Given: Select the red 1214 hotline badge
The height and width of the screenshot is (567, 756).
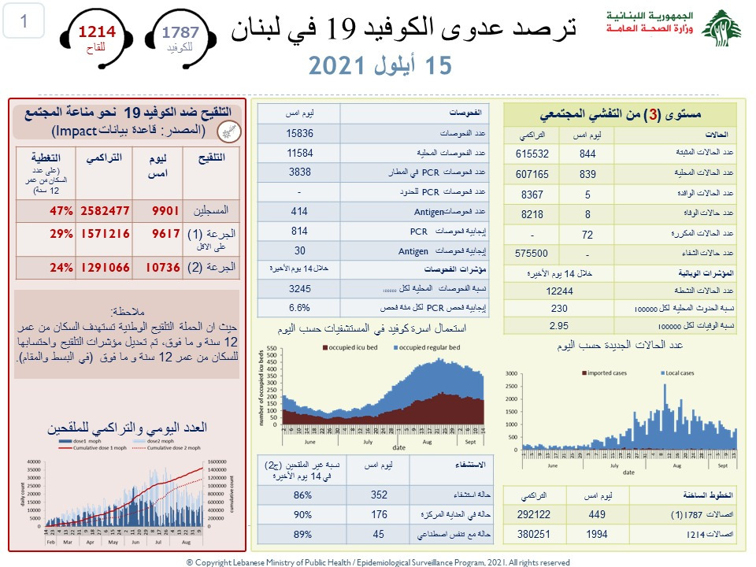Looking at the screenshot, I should [x=96, y=36].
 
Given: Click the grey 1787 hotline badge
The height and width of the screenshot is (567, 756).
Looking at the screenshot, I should [x=180, y=36].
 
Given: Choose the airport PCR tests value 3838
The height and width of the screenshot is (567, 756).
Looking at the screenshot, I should [x=300, y=172].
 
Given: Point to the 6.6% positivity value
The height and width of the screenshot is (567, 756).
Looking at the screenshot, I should [x=300, y=307].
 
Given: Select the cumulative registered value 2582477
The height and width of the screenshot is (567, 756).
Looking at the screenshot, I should [x=103, y=211].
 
